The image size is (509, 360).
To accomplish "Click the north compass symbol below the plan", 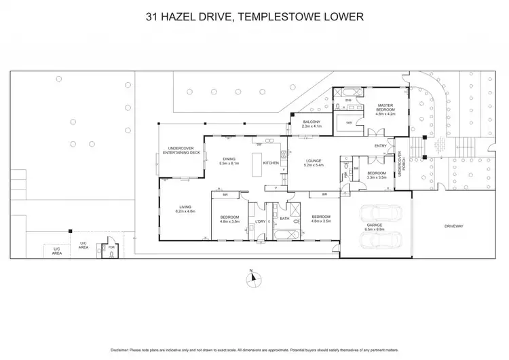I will point(251,276).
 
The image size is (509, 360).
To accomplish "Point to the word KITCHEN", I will point(271,163).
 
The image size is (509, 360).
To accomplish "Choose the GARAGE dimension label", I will point(375,229).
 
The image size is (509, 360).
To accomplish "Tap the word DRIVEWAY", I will point(454,226).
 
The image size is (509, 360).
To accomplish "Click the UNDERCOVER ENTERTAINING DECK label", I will point(184,152).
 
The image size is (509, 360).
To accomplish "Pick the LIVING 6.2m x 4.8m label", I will point(186,210).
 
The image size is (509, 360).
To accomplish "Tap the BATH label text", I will point(285,219).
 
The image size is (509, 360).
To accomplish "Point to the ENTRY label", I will point(380,146).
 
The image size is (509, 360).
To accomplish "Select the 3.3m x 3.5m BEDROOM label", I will point(376,175).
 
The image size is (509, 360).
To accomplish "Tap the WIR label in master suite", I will point(349,123).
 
